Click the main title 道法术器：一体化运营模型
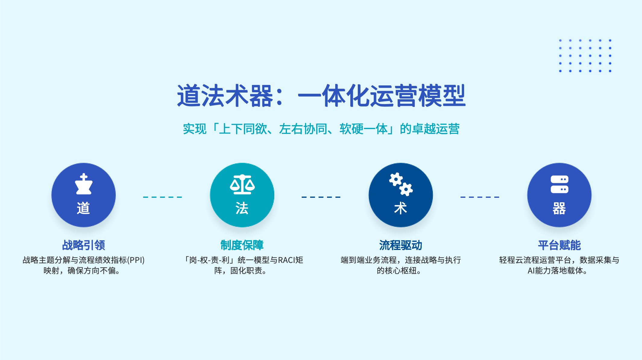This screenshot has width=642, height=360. pos(321,96)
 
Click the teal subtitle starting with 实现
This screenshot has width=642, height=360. pos(321,129)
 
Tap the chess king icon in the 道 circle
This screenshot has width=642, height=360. pos(83,184)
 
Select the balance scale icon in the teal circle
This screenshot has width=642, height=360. pos(242,184)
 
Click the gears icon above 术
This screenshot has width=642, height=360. pos(401,184)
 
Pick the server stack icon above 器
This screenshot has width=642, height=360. pos(559,184)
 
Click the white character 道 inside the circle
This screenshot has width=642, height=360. pos(83,208)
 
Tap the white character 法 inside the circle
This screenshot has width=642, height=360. pos(242,208)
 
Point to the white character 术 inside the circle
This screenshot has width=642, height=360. pos(401,208)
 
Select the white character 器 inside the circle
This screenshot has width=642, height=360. pos(559,208)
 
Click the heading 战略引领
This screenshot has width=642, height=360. pos(83,245)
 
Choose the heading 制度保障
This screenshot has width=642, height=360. pos(242,245)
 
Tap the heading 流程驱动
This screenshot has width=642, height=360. pos(401,245)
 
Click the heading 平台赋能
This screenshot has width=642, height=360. pos(559,245)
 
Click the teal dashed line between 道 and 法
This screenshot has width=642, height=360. pos(162,197)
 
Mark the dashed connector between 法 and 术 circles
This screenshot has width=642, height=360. pos(321,197)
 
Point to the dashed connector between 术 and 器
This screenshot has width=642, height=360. pos(480,197)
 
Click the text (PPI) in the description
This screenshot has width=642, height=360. pos(136,260)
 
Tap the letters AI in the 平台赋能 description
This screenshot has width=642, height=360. pos(531,271)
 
